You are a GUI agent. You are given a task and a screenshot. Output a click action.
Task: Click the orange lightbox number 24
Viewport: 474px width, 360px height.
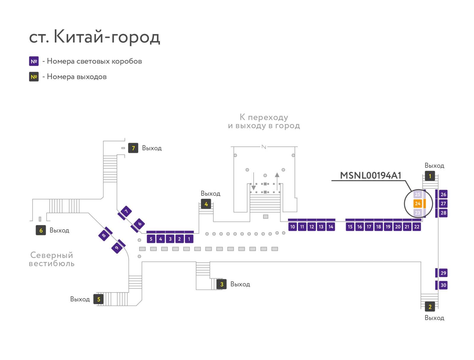(x=417, y=203)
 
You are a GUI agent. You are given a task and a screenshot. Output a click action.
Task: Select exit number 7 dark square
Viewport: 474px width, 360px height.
(x=133, y=148)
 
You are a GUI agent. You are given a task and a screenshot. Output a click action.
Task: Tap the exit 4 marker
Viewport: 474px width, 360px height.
(x=206, y=204)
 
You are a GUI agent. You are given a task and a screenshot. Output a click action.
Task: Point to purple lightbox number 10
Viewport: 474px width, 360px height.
(x=292, y=227)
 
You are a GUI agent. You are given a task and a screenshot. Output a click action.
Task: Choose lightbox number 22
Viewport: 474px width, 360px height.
(x=417, y=227)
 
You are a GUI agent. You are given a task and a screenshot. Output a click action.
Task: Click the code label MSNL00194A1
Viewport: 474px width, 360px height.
(x=370, y=175)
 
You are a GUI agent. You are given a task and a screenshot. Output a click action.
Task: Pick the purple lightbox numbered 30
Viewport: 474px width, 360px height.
(x=443, y=285)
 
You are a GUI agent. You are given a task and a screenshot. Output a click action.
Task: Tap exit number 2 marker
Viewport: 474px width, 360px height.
(x=430, y=306)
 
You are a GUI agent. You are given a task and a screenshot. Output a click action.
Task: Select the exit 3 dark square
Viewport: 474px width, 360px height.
(x=222, y=284)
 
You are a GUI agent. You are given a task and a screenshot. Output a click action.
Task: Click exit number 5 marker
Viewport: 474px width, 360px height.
(x=98, y=299)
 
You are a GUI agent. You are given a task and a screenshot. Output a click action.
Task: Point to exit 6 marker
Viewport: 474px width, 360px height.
(x=41, y=230)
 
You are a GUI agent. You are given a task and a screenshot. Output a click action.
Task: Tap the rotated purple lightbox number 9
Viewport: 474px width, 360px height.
(x=117, y=247)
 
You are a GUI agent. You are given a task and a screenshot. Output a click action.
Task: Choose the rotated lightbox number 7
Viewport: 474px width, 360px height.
(x=126, y=211)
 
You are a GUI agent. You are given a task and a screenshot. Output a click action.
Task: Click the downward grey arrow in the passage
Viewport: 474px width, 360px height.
(x=254, y=181)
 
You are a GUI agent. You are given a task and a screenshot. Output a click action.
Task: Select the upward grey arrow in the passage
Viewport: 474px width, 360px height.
(x=277, y=181)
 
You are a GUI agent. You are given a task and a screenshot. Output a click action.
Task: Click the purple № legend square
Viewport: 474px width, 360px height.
(x=34, y=61)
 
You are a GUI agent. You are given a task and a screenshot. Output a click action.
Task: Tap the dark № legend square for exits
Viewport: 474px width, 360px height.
(x=34, y=77)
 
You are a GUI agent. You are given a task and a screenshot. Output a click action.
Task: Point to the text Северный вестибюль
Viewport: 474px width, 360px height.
(x=52, y=259)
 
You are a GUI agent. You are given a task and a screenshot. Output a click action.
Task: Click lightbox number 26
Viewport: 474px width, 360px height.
(x=443, y=194)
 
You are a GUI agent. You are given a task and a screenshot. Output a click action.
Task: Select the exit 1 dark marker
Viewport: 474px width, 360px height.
(x=430, y=176)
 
